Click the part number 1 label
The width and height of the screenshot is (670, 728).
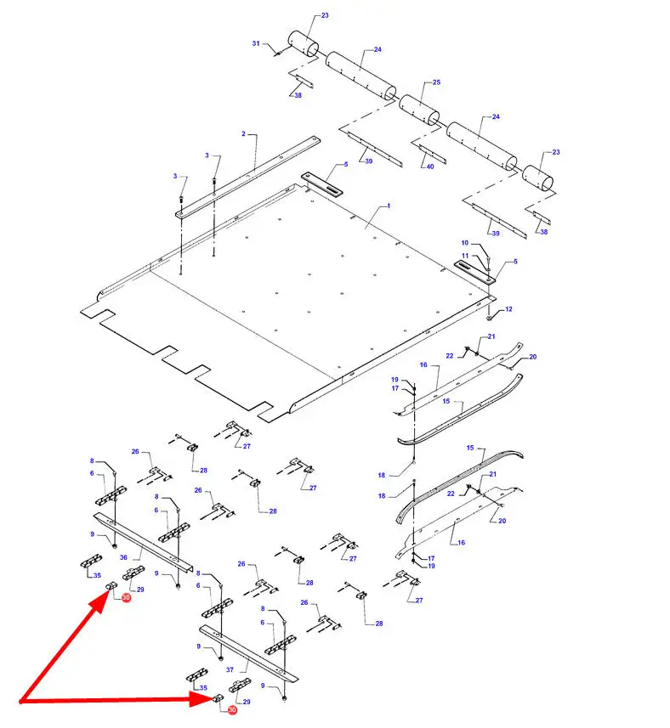(x=389, y=206)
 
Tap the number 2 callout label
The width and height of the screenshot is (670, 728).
(x=243, y=133)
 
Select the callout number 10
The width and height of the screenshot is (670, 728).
(x=464, y=243)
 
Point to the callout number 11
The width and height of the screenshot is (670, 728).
(x=465, y=256)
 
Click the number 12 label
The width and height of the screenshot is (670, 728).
(x=508, y=308)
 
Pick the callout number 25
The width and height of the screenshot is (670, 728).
(x=436, y=82)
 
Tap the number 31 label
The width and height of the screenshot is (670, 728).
(x=256, y=43)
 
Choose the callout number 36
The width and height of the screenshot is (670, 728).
(x=123, y=557)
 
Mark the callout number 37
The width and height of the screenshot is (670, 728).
(x=230, y=669)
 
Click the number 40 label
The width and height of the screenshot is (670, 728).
(x=430, y=166)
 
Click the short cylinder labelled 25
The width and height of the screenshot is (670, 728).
(x=419, y=110)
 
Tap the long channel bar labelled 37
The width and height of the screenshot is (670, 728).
(x=249, y=654)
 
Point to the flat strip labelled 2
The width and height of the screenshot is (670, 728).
(x=248, y=177)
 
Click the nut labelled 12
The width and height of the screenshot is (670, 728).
(x=489, y=318)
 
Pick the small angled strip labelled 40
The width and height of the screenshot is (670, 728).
(x=432, y=154)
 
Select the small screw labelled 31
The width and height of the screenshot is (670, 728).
(x=278, y=54)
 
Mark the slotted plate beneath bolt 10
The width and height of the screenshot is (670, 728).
(x=474, y=272)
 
